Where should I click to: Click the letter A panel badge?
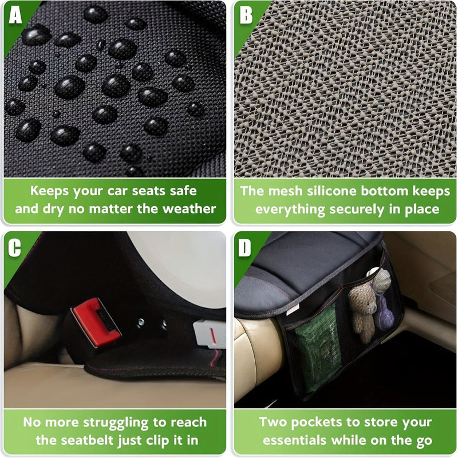[15, 15]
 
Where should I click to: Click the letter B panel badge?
[246, 15]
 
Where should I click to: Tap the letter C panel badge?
[15, 247]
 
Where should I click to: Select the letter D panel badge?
[245, 247]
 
